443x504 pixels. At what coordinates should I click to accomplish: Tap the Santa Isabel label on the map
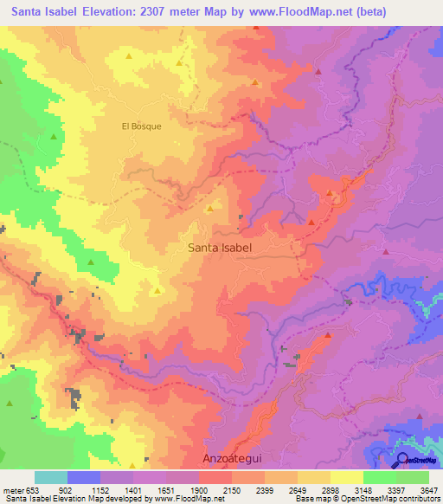point(220,248)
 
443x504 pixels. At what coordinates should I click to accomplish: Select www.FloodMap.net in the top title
point(306,12)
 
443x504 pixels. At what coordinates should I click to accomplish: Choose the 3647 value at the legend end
point(427,490)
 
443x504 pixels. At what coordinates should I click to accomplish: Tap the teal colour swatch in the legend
point(51,477)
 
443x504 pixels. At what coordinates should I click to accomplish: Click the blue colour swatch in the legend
point(84,477)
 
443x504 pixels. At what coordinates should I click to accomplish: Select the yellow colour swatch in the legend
point(347,477)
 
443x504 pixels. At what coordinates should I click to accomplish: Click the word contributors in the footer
point(420,499)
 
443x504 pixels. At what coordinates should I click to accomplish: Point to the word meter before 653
point(15,490)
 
